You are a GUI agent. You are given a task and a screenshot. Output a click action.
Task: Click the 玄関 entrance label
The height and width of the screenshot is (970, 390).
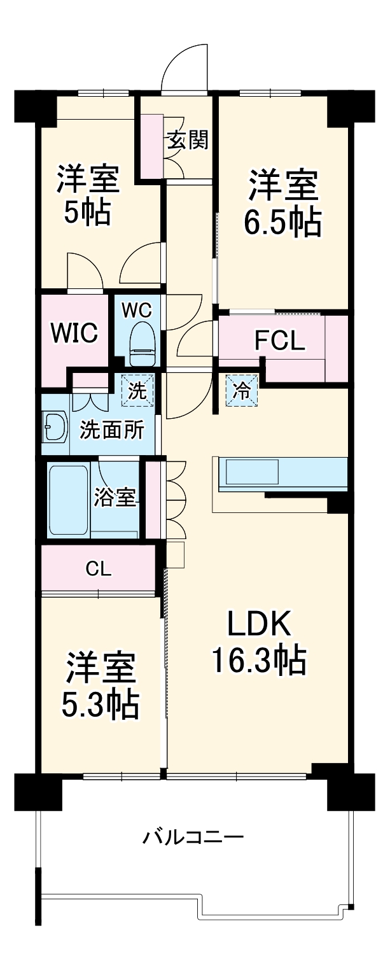[188, 140]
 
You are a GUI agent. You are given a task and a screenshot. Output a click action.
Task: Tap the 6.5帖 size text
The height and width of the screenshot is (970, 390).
[282, 223]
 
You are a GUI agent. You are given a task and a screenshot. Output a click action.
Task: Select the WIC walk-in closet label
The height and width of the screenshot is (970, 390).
[74, 332]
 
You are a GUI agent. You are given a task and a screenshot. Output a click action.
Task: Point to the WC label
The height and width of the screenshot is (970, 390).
[137, 310]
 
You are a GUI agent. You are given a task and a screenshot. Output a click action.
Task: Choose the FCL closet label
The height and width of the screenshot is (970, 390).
[280, 342]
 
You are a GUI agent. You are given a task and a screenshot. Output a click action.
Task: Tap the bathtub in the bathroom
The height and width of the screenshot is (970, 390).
[68, 500]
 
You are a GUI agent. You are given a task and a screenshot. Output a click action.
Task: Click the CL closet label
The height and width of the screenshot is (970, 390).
[99, 568]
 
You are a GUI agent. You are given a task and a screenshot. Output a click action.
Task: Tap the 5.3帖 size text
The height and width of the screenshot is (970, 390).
[100, 703]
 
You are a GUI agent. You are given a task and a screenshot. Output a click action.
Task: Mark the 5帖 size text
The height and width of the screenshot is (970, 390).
[87, 213]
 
